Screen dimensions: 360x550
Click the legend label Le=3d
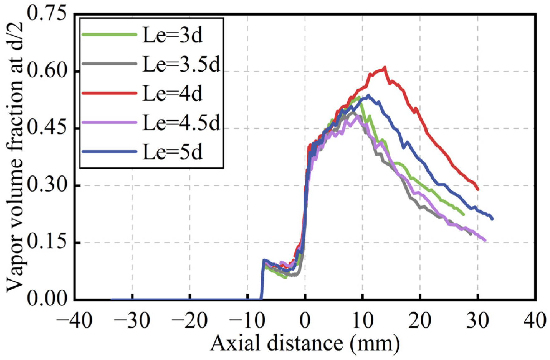(172, 35)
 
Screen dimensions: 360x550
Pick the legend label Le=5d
(172, 151)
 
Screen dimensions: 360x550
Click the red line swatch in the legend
(109, 93)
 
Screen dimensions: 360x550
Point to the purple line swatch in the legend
(109, 122)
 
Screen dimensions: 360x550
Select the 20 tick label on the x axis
(420, 320)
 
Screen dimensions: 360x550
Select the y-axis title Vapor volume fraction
(15, 156)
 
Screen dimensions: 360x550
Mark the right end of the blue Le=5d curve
(492, 219)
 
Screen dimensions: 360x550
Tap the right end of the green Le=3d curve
(464, 214)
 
